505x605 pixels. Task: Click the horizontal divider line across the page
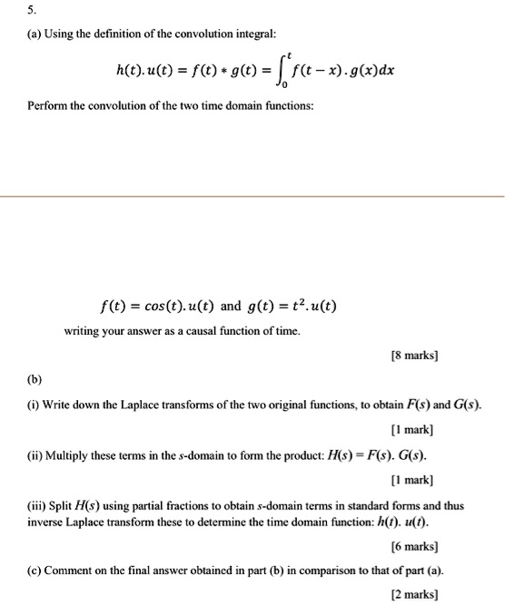(252, 197)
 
